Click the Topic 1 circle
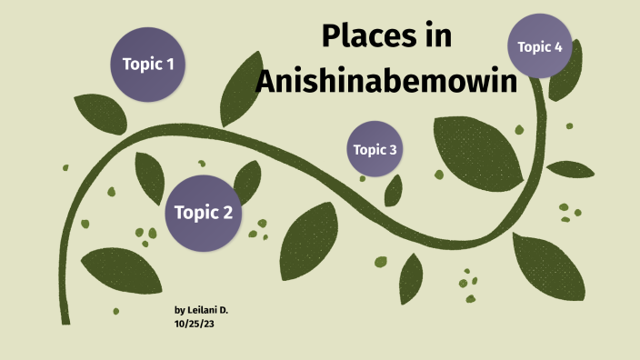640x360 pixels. point(148,64)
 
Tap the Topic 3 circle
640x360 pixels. point(375,149)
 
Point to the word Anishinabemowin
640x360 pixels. point(385,81)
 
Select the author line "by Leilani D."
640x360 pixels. point(201,311)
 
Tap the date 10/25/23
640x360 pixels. point(194,324)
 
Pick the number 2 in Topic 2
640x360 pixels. point(228,214)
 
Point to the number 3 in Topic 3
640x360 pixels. point(393,150)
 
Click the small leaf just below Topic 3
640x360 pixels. point(394,190)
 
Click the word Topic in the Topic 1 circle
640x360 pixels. point(141,65)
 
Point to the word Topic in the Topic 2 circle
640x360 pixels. point(195,214)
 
